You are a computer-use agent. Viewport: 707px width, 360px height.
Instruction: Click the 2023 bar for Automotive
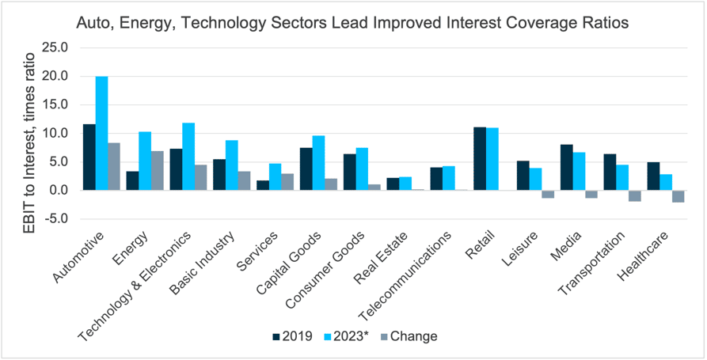[x=101, y=133]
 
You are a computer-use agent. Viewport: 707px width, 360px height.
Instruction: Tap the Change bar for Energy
[x=158, y=170]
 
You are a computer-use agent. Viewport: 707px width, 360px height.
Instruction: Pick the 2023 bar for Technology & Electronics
[x=188, y=157]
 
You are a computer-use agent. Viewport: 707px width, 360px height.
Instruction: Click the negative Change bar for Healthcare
[x=678, y=196]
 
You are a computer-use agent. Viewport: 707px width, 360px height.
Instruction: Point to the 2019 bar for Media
[x=566, y=167]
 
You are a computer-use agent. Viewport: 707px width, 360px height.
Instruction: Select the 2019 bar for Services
[x=263, y=185]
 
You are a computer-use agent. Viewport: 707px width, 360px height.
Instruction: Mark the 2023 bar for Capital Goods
[x=319, y=163]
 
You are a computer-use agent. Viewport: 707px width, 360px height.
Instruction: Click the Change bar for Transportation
[x=634, y=195]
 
